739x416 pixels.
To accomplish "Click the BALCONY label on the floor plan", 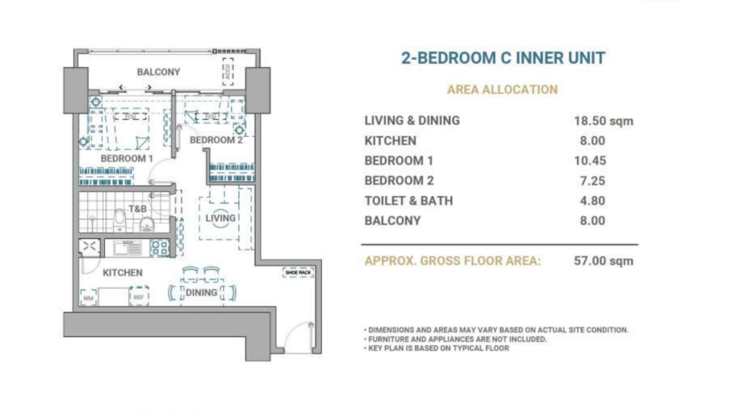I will point(158,72).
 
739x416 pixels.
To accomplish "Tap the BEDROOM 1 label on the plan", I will point(127,159).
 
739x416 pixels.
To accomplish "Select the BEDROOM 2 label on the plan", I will point(216,140).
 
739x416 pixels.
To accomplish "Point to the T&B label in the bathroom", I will point(137,209).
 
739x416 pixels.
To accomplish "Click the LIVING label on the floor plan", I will point(221,218).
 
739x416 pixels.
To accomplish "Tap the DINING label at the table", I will point(201,292).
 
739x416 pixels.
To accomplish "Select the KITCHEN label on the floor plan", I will point(123,273).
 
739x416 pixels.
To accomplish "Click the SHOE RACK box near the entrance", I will point(298,273).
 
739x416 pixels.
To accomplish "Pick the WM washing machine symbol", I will point(88,297).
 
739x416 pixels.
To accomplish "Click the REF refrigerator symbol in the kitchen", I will point(139,297).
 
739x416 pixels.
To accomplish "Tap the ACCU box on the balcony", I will point(228,72).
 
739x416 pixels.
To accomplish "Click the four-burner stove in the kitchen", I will point(160,248).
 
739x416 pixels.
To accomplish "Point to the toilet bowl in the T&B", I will point(120,219).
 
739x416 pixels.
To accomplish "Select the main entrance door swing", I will point(298,338).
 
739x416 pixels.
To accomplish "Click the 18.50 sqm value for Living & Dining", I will point(603,121).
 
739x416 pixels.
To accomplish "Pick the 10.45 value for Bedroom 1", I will point(590,161).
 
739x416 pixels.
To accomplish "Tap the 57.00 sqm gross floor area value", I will point(603,261).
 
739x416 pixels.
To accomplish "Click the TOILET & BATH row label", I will point(409,201).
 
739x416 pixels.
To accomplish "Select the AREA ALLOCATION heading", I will point(502,89).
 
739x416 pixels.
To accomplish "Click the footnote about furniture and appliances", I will point(457,339).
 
